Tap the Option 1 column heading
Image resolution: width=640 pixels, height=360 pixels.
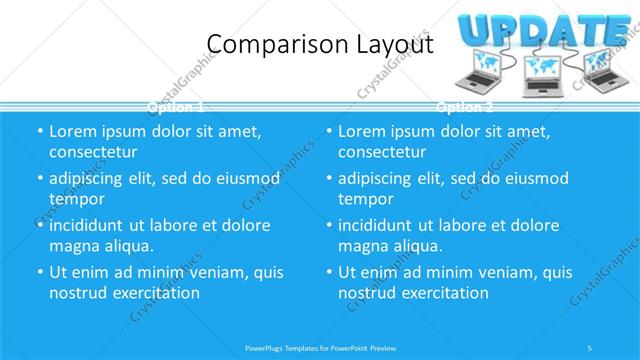176,106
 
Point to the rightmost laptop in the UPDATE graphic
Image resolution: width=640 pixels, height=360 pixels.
604,67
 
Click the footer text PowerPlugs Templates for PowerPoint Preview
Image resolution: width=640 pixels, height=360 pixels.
320,348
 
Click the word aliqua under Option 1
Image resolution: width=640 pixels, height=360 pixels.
128,246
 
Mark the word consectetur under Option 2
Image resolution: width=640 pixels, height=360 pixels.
381,152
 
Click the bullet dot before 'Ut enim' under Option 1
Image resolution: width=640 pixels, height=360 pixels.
39,272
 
